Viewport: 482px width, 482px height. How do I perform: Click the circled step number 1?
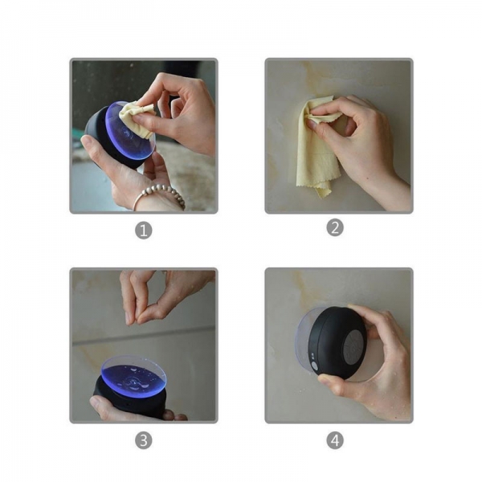pos(143,231)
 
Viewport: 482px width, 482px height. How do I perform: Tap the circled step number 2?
pos(335,227)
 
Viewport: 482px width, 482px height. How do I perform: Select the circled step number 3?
pos(143,440)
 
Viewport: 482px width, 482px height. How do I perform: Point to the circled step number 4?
pos(335,440)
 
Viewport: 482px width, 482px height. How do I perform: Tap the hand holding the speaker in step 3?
pos(112,410)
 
